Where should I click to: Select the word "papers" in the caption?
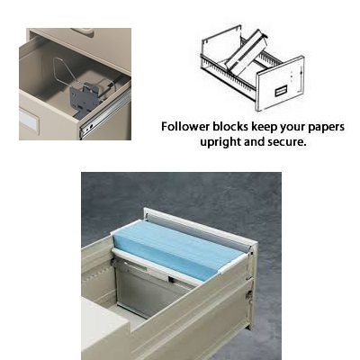pyautogui.click(x=324, y=127)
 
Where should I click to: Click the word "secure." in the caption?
pyautogui.click(x=283, y=142)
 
